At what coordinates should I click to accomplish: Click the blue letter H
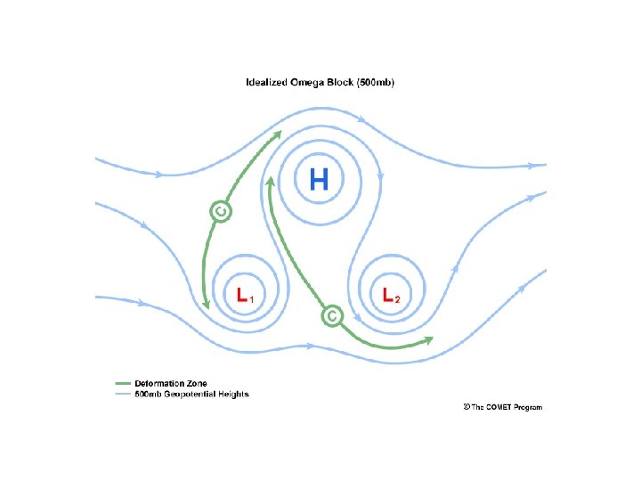(x=319, y=181)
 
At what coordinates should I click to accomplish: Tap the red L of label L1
(x=241, y=295)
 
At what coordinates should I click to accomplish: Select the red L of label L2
(x=388, y=295)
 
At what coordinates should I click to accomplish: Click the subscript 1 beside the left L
(x=253, y=298)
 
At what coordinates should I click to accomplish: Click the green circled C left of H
(x=221, y=211)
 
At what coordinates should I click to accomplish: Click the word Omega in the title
(x=304, y=83)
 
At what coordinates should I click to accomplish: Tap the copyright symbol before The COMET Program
(x=467, y=407)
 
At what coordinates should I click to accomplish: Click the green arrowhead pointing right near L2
(x=428, y=339)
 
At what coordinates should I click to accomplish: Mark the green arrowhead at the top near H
(x=279, y=135)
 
